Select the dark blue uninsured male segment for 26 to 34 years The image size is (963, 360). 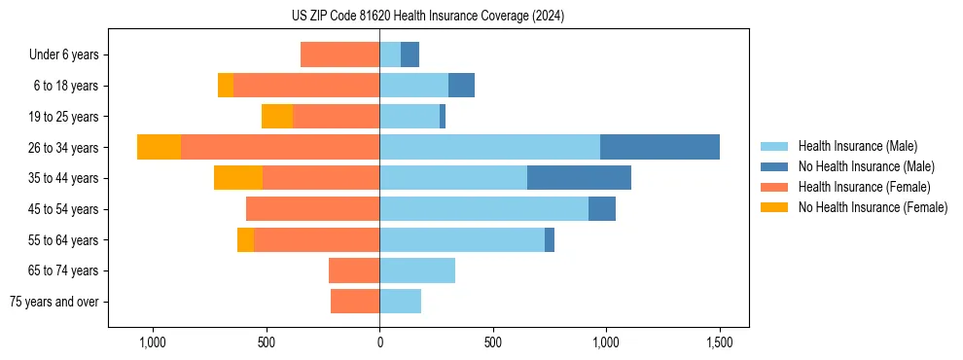[660, 147]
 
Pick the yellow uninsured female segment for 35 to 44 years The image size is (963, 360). [238, 178]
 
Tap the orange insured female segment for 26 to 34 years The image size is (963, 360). [280, 147]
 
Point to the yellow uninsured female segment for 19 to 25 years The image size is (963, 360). [277, 117]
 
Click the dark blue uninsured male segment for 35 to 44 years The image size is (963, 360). [579, 178]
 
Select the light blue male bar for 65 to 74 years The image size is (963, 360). [417, 270]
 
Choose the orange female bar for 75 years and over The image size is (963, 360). [355, 302]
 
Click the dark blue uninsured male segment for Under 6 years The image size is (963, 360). [410, 54]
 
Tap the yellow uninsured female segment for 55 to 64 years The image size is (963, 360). [245, 239]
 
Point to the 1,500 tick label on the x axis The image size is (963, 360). [719, 343]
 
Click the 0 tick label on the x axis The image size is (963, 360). [379, 343]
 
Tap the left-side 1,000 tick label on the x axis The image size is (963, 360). [152, 343]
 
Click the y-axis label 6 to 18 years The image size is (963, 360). [66, 86]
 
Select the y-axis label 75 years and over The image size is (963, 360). [54, 302]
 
